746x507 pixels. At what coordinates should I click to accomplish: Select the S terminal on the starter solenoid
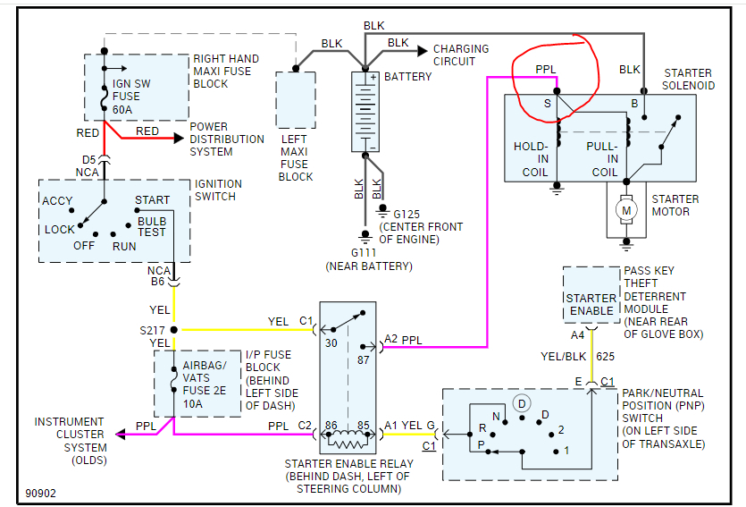[547, 105]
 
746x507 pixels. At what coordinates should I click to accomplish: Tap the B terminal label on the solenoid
[633, 105]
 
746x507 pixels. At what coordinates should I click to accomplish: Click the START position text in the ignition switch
[152, 200]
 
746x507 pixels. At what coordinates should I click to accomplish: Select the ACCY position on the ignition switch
[58, 200]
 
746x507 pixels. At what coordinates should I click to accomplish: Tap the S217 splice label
[153, 329]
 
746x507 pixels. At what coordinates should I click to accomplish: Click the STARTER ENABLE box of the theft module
[591, 304]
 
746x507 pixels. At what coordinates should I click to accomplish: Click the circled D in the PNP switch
[522, 403]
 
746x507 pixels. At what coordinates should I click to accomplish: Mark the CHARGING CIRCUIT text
[461, 55]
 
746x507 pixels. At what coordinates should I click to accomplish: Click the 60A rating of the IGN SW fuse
[124, 109]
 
